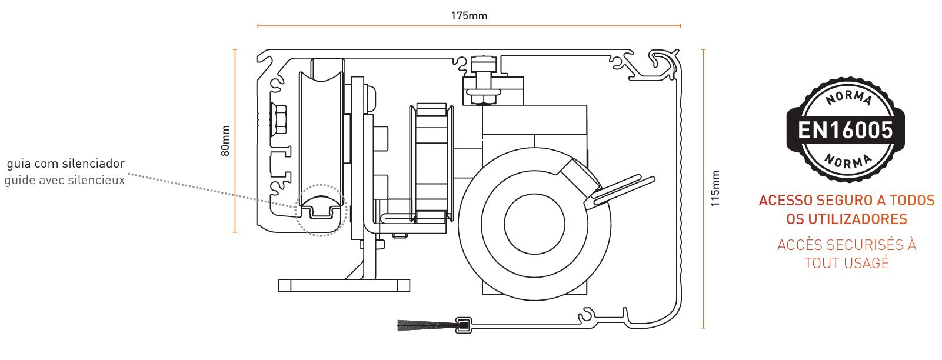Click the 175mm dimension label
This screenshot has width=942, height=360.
point(469,16)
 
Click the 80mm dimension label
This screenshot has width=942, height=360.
point(226,141)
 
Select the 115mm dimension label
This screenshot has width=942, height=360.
point(715,188)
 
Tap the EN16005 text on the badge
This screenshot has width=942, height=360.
point(846,130)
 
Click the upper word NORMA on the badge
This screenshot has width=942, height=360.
point(848,97)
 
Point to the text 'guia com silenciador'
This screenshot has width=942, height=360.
point(66,164)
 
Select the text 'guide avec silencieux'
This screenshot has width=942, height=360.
point(65,180)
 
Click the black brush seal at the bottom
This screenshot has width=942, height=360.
point(427,325)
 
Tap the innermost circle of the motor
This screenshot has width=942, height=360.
point(534,224)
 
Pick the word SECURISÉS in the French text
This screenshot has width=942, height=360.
point(859,244)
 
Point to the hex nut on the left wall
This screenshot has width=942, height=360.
point(278,119)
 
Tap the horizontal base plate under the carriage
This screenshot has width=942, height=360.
point(344,285)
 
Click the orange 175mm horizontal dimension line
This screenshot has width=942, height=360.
point(469,26)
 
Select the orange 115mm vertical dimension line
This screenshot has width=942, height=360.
point(703,188)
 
